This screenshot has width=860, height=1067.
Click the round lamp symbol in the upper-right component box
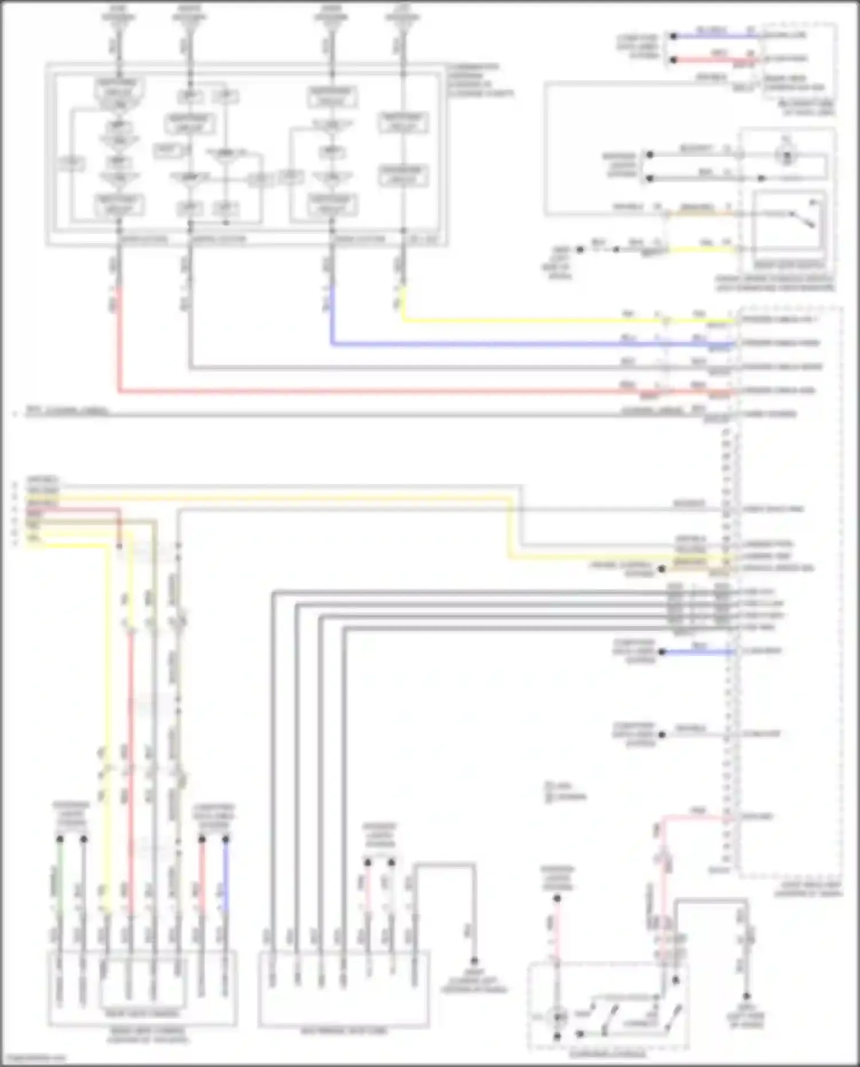tap(786, 155)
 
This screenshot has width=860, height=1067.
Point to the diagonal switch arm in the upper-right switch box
tap(803, 218)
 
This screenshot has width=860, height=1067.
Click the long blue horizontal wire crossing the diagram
tap(516, 345)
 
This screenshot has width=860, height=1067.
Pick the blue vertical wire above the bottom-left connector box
tap(225, 883)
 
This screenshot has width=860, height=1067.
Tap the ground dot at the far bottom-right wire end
tap(746, 997)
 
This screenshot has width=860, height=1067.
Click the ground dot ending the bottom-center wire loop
tap(474, 962)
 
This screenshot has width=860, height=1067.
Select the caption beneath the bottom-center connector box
tap(343, 1030)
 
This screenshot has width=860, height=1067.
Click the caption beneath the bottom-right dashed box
tap(607, 1054)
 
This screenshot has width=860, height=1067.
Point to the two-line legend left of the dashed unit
tap(565, 791)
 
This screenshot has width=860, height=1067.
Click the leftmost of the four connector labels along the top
tap(119, 13)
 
